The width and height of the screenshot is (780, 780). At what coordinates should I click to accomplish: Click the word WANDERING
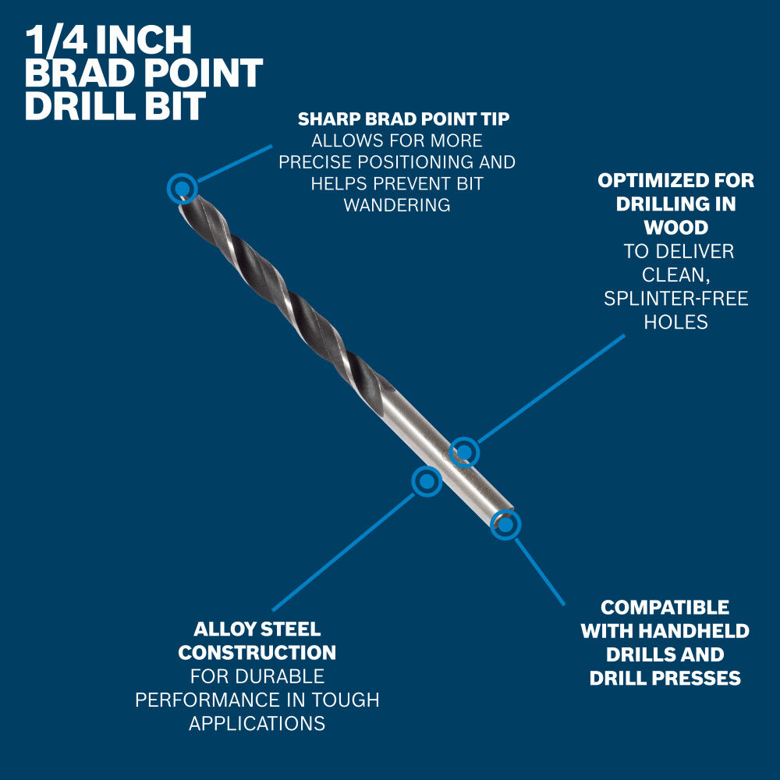397,205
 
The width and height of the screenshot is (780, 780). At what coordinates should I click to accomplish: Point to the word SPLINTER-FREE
676,299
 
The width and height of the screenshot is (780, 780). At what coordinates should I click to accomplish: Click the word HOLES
676,322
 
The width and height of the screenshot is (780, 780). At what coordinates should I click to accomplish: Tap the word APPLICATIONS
257,723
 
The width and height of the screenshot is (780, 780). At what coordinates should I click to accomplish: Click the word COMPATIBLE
665,608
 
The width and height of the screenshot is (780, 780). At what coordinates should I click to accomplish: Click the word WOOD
676,227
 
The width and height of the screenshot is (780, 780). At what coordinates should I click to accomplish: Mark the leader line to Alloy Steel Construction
343,551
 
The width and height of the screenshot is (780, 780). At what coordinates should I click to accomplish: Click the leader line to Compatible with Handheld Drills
540,572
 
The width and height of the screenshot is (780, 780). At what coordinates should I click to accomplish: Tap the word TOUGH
346,700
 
